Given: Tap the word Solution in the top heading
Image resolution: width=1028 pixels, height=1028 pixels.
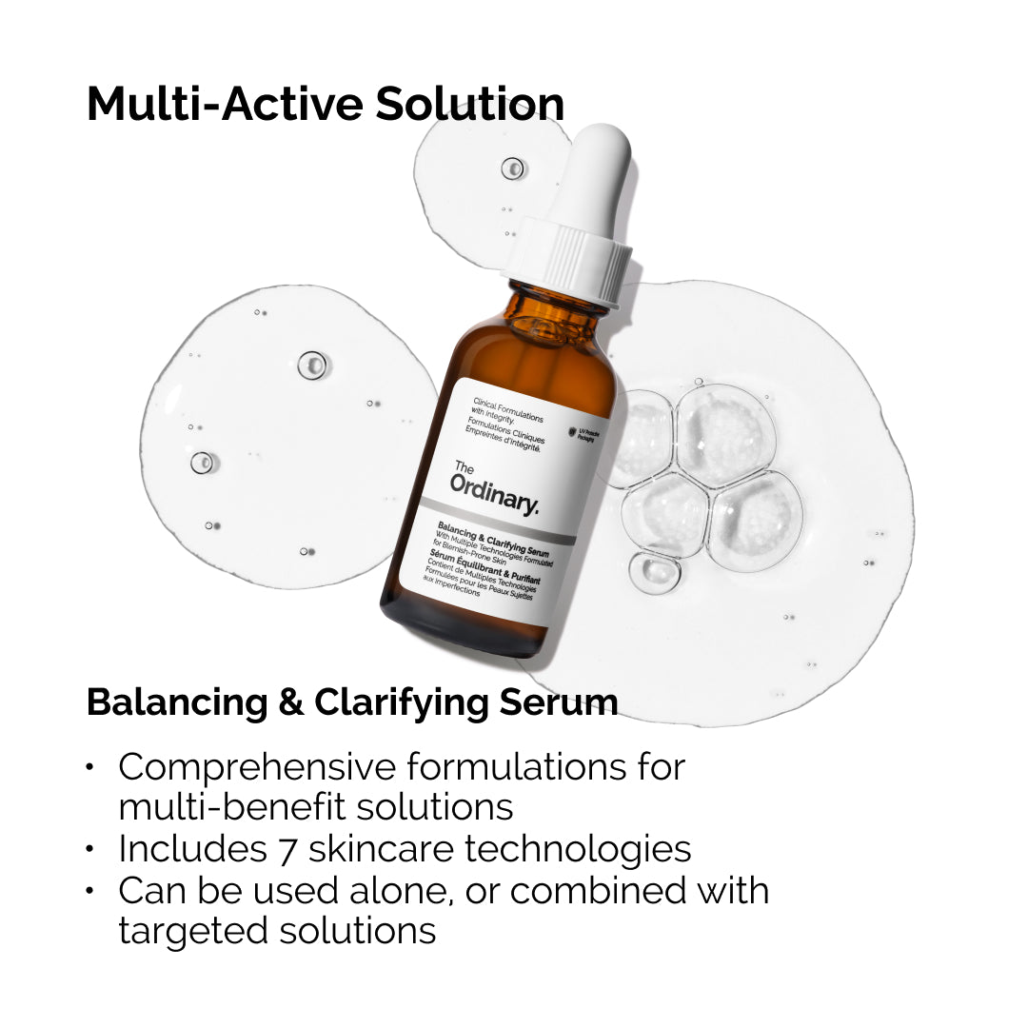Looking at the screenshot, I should [469, 105].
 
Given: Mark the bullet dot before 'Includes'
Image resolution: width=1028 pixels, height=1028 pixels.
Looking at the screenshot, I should [90, 849].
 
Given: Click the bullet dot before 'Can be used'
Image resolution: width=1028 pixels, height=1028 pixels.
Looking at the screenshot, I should [90, 891].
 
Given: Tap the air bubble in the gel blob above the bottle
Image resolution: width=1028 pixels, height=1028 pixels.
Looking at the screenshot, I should [513, 168].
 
